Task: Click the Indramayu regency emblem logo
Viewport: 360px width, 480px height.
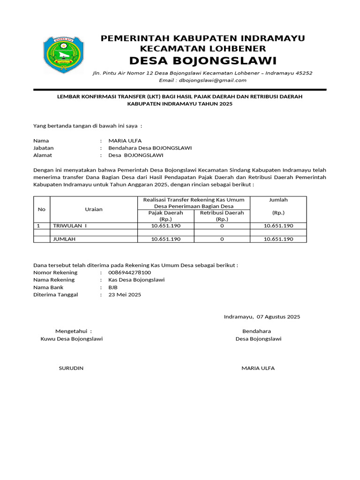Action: pos(64,55)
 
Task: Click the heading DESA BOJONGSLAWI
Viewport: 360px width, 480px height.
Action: pos(202,61)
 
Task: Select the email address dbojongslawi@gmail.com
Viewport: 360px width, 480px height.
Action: pos(202,80)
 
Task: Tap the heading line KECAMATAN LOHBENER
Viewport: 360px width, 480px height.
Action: pos(203,49)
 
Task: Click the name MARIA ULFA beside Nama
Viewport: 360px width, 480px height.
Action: pos(125,141)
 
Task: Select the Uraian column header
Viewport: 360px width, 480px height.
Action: pos(94,209)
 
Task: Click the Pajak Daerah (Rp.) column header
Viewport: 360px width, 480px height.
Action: pos(165,216)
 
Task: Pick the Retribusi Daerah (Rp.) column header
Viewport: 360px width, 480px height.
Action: pos(222,216)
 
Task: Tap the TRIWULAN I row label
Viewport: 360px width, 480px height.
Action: pos(70,226)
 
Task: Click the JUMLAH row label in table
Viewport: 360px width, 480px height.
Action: pos(65,239)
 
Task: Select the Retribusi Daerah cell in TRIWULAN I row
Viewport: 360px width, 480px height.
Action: pos(222,226)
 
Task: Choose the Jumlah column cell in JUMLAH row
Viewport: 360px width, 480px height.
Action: pos(278,239)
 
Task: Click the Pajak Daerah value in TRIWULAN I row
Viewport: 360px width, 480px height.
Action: pos(165,226)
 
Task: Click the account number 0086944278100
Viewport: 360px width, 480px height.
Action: pos(129,272)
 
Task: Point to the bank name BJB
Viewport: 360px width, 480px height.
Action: pos(113,287)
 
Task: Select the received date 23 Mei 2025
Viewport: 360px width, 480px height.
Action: pos(124,295)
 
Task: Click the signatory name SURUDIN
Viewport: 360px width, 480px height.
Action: pos(71,368)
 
